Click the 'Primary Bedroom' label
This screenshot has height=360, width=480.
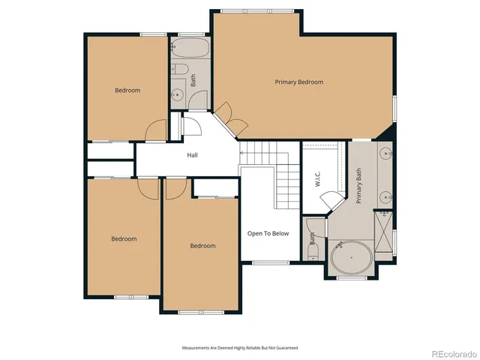pyautogui.click(x=298, y=82)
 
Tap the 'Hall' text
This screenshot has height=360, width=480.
pyautogui.click(x=192, y=155)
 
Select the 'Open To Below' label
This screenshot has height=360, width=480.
pyautogui.click(x=268, y=233)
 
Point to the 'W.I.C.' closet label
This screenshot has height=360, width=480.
pyautogui.click(x=317, y=179)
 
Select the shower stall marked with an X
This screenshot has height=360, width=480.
pyautogui.click(x=383, y=230)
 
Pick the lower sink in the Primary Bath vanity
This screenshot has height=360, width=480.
pyautogui.click(x=385, y=197)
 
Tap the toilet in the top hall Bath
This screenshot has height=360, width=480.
pyautogui.click(x=181, y=72)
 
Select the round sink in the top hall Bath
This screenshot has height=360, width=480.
pyautogui.click(x=178, y=94)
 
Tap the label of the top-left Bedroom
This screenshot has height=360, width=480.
pyautogui.click(x=127, y=90)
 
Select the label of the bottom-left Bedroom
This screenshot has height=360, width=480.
pyautogui.click(x=124, y=238)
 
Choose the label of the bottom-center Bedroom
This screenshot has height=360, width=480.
pyautogui.click(x=202, y=245)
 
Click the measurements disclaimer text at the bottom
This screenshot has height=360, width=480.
pyautogui.click(x=240, y=348)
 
